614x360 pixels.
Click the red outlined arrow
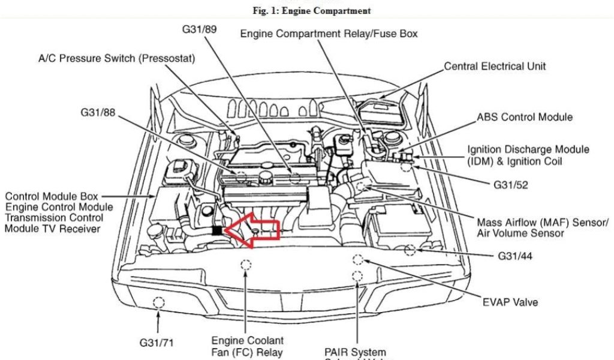pos(254,232)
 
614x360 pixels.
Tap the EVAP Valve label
pos(510,302)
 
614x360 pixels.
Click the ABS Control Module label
pos(525,117)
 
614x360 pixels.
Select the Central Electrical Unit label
pos(495,67)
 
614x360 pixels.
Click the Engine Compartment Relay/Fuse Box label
pos(329,34)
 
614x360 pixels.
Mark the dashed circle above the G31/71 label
pos(158,302)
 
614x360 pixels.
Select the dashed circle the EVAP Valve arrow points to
pos(358,260)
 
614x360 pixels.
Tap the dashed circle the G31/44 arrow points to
pos(410,249)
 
